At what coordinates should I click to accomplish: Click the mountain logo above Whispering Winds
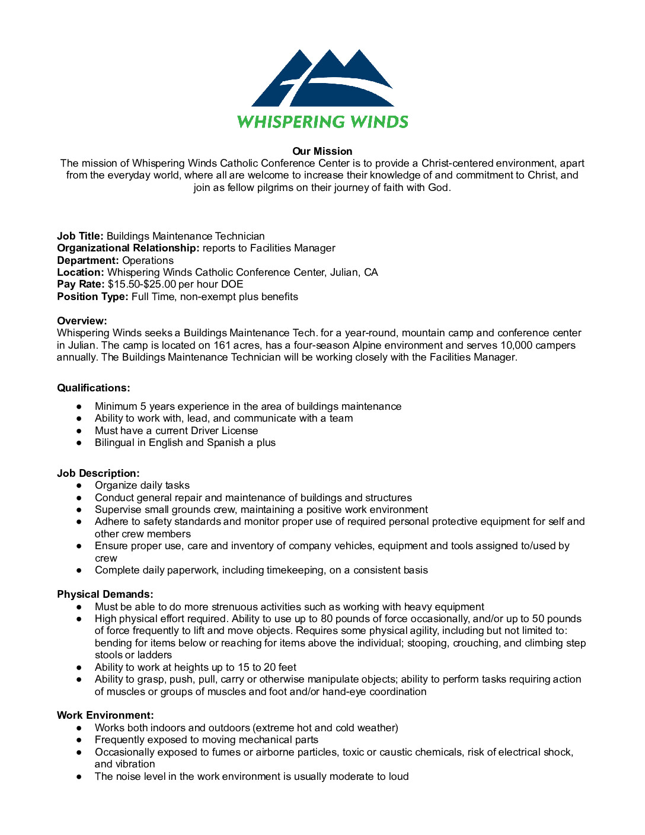coord(322,78)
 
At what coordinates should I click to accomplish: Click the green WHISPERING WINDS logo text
coord(322,122)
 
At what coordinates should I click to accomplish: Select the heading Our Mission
coord(322,151)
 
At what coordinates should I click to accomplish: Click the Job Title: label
coord(80,236)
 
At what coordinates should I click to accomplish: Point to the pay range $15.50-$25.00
coord(142,284)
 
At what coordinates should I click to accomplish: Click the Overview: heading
coord(82,321)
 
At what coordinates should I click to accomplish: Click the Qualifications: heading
coord(93,388)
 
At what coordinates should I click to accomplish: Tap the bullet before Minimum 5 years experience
coord(79,407)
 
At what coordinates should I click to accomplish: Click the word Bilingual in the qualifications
coord(114,442)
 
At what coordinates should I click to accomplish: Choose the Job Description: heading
coord(98,473)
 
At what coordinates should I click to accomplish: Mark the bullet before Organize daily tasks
coord(79,486)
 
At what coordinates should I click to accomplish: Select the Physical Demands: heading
coord(105,594)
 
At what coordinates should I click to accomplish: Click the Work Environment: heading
coord(105,715)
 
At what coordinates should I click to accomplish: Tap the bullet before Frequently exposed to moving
coord(79,740)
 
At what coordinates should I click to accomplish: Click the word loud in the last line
coord(398,776)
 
